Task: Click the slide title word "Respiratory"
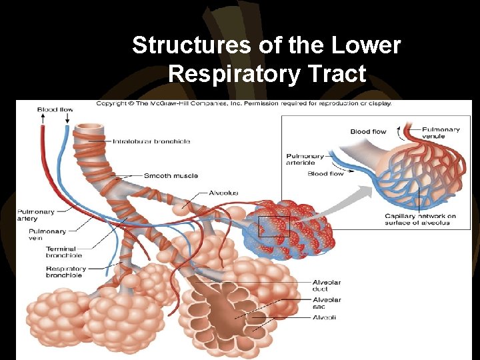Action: click(267, 73)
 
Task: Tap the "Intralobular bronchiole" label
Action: click(151, 141)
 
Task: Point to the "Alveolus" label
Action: click(223, 193)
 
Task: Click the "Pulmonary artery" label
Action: click(36, 215)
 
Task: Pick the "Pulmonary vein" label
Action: click(47, 235)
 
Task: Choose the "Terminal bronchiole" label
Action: click(64, 251)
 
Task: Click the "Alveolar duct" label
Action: click(327, 285)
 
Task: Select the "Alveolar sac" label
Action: click(327, 303)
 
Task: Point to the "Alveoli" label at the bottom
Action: click(324, 317)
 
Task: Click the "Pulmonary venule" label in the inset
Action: click(441, 133)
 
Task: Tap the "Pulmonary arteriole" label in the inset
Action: click(305, 159)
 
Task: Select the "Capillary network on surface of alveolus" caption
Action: click(420, 219)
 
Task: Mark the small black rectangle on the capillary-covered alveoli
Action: click(274, 226)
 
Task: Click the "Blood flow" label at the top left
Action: click(55, 109)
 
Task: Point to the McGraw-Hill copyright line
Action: click(244, 103)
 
